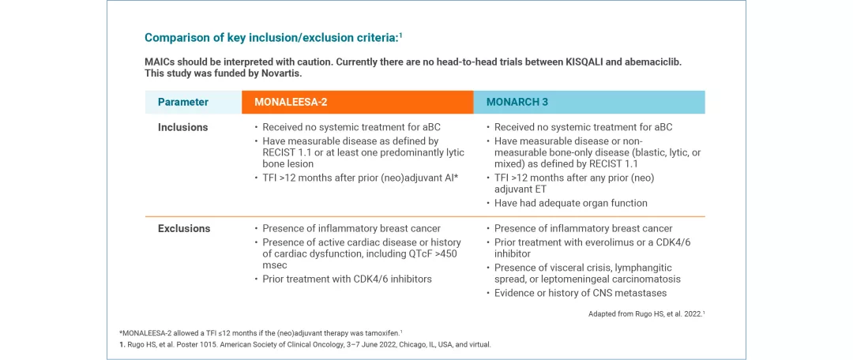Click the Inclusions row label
(x=182, y=127)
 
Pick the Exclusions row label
(x=184, y=228)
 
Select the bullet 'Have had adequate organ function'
(x=571, y=203)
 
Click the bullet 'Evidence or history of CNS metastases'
(x=581, y=293)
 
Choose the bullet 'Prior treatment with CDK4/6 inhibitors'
(x=347, y=279)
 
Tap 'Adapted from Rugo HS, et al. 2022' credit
(x=646, y=313)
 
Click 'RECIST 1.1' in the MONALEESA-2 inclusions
(x=285, y=152)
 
